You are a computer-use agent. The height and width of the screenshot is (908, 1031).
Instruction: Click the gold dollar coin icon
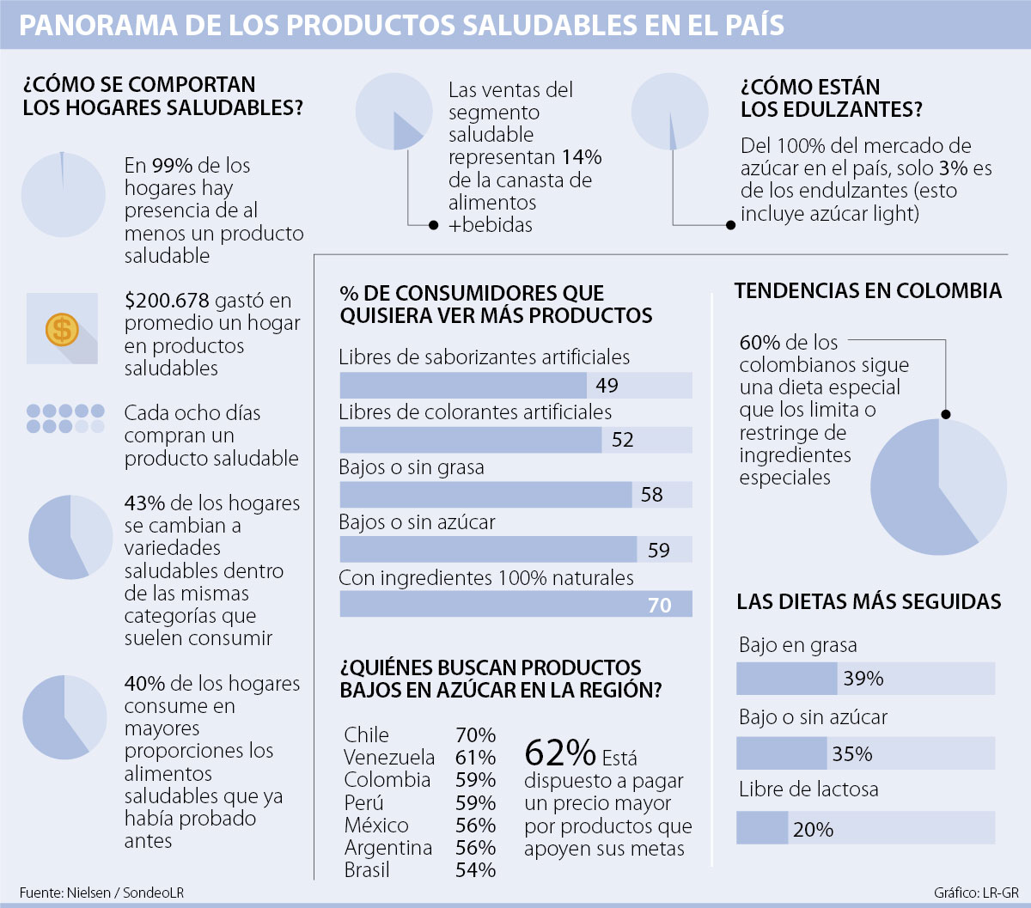[x=62, y=328]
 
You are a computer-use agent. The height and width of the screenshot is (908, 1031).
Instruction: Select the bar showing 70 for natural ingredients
[x=515, y=604]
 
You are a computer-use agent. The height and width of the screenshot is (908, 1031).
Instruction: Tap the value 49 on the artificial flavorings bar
[x=607, y=386]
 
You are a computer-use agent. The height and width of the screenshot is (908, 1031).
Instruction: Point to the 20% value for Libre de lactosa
[x=813, y=830]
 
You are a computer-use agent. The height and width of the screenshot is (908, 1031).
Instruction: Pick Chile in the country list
[x=366, y=735]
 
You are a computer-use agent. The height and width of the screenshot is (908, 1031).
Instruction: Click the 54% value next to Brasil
[x=475, y=870]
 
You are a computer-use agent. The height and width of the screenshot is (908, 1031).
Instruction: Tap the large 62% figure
[x=559, y=753]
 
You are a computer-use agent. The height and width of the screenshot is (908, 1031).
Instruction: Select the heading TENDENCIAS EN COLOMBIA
[x=868, y=291]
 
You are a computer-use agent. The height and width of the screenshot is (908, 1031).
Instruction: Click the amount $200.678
[x=167, y=301]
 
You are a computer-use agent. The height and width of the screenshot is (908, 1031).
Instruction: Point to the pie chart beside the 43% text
[x=70, y=537]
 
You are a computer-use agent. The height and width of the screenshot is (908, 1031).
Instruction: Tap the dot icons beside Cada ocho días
[x=65, y=418]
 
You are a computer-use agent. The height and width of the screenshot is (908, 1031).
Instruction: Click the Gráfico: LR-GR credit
[x=976, y=893]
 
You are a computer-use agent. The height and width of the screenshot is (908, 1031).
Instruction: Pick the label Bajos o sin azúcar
[x=417, y=521]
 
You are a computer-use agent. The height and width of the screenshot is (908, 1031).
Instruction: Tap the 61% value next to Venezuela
[x=475, y=758]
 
